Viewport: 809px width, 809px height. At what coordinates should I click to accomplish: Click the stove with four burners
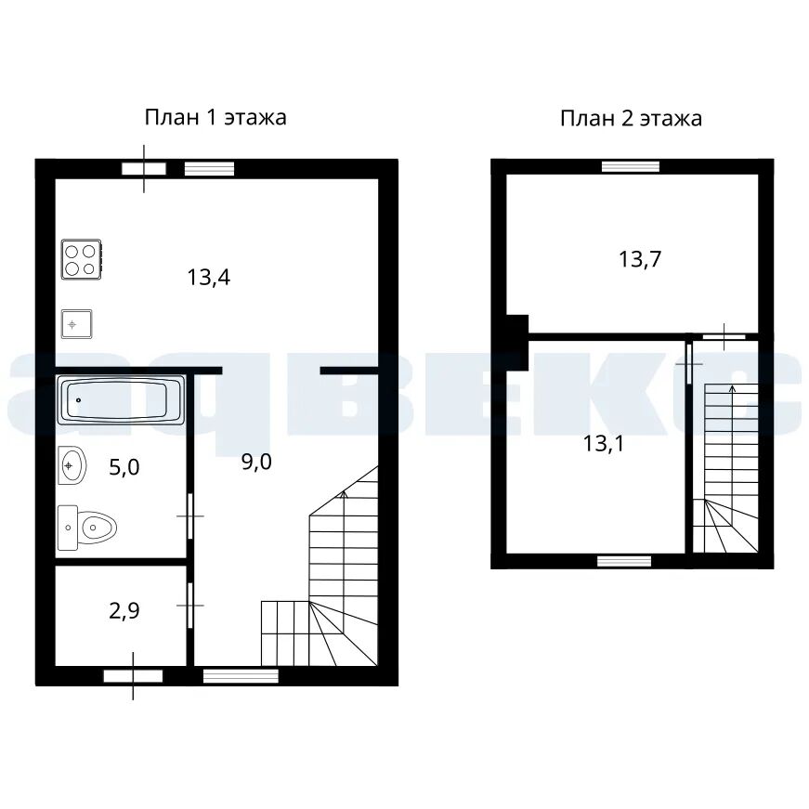click(x=81, y=259)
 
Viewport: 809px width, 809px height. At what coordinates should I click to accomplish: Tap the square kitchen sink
click(x=77, y=324)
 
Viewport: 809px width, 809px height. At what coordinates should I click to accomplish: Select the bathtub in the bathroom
click(x=121, y=400)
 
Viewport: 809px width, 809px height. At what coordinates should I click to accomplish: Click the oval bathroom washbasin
click(x=72, y=465)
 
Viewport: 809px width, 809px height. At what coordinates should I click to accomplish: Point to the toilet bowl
click(x=87, y=528)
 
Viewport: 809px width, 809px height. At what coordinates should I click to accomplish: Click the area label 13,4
click(x=208, y=278)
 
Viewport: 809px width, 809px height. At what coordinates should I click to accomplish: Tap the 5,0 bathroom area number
click(x=124, y=467)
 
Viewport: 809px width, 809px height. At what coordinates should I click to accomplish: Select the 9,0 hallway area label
click(x=256, y=463)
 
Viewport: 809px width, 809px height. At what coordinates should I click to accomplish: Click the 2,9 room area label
click(x=124, y=611)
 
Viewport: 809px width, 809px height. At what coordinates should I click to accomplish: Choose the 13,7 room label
click(x=640, y=259)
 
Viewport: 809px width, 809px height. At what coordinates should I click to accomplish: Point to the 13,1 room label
click(x=603, y=444)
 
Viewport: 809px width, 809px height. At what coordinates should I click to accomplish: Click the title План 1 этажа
click(x=215, y=118)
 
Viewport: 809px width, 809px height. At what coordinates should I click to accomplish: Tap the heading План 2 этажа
click(x=631, y=119)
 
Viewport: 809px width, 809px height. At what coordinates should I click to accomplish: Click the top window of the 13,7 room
click(x=631, y=166)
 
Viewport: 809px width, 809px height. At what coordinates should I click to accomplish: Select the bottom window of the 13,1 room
click(x=624, y=561)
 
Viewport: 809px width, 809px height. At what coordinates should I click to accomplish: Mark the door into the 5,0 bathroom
click(x=190, y=515)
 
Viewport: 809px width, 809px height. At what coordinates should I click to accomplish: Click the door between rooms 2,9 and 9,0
click(x=190, y=606)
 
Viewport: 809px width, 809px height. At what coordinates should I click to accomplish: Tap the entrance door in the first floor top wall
click(x=144, y=169)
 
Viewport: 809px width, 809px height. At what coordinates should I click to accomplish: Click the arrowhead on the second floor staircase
click(x=732, y=388)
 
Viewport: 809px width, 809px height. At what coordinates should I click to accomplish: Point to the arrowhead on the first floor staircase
click(x=345, y=495)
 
